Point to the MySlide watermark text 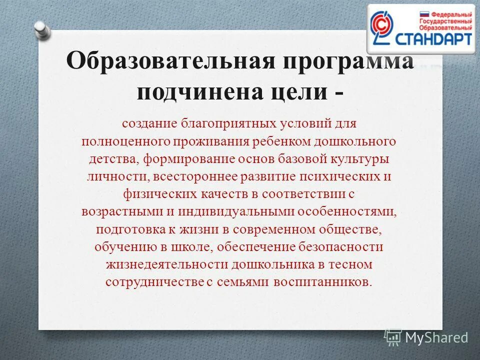tap(436, 337)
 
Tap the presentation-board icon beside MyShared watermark tap(393, 337)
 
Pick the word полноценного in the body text tap(125, 141)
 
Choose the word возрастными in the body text tap(118, 211)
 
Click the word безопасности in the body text tap(341, 247)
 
